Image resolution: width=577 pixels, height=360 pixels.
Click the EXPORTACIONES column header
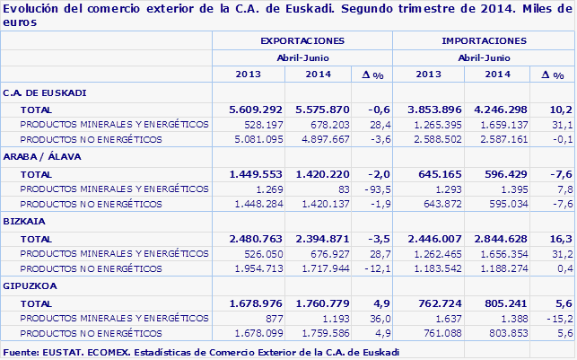302,41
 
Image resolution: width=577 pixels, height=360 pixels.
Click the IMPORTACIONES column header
484,41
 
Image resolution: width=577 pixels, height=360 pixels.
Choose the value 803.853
499,332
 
